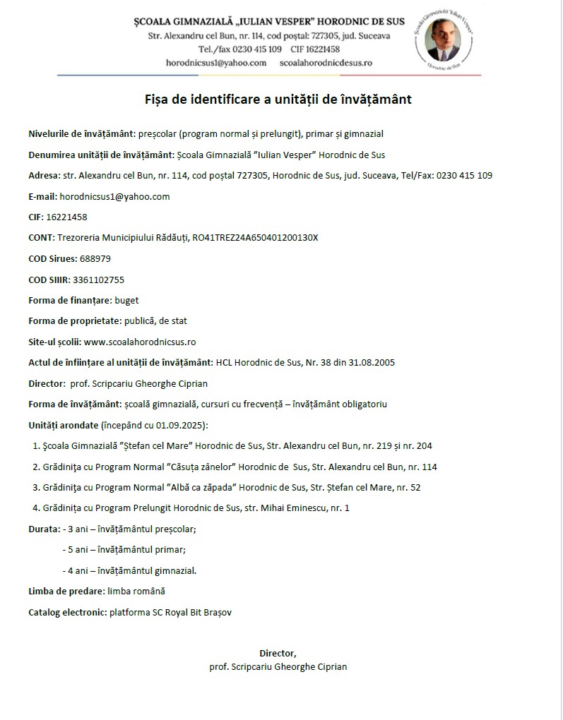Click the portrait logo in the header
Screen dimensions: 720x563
click(x=451, y=39)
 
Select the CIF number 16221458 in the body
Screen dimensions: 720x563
click(x=68, y=217)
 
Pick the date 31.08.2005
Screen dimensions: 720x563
click(x=372, y=363)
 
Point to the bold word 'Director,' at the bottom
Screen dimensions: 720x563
click(x=278, y=654)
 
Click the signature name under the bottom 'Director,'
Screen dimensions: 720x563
click(x=278, y=666)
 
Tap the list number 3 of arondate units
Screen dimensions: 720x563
click(x=36, y=487)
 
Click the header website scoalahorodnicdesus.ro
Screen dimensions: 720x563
click(x=326, y=63)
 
